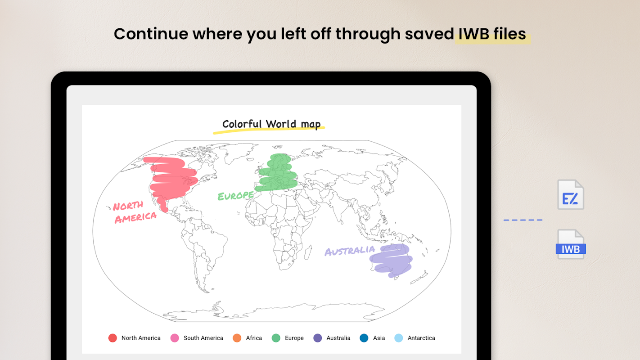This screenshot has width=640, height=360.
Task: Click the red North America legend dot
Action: pos(113,338)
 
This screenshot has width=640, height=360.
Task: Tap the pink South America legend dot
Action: pos(175,338)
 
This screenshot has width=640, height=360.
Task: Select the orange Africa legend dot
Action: pos(237,338)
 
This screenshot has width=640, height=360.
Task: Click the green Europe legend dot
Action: pos(276,338)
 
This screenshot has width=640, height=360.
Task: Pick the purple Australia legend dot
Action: pos(318,338)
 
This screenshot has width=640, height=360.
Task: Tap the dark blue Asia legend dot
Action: pos(364,338)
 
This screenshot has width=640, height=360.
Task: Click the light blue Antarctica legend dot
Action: pos(399,338)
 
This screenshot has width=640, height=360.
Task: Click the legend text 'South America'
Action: pos(203,338)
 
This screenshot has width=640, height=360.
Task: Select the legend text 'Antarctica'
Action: pos(421,338)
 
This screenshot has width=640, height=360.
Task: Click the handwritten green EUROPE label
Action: pos(235,196)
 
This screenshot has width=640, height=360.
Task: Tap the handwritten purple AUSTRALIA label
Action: pos(350,251)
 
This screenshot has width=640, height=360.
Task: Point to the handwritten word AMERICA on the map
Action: pos(135,217)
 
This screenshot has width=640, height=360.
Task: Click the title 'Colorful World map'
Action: pos(271,124)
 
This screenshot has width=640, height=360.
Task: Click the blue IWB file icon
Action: pos(571,244)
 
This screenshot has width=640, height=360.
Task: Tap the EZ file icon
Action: pos(571,194)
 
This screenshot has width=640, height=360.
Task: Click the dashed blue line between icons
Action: pos(523,220)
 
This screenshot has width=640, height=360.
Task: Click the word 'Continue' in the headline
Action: pos(151,34)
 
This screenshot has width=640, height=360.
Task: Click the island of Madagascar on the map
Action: pos(307,252)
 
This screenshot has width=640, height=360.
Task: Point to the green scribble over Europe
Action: pos(277,173)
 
